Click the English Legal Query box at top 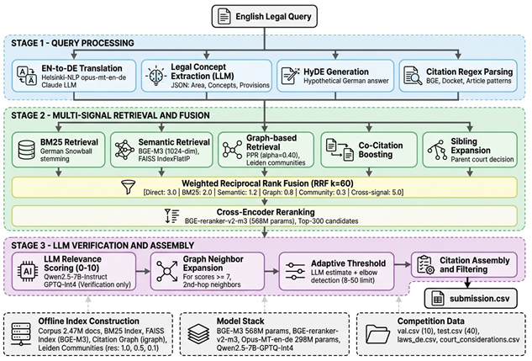(x=266, y=16)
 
